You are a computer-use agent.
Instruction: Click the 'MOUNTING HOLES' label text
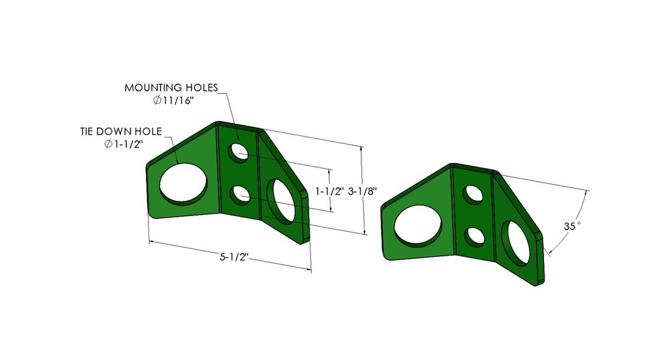(171, 88)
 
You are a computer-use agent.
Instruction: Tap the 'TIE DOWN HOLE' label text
(121, 131)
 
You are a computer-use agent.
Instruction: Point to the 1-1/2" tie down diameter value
(128, 144)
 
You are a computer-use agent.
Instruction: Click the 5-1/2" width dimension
(233, 257)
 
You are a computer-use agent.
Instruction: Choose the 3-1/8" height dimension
(363, 191)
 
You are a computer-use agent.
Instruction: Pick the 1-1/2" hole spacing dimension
(330, 191)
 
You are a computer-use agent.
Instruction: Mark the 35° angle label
(572, 226)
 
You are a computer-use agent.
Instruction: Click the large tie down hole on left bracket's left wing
(183, 183)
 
